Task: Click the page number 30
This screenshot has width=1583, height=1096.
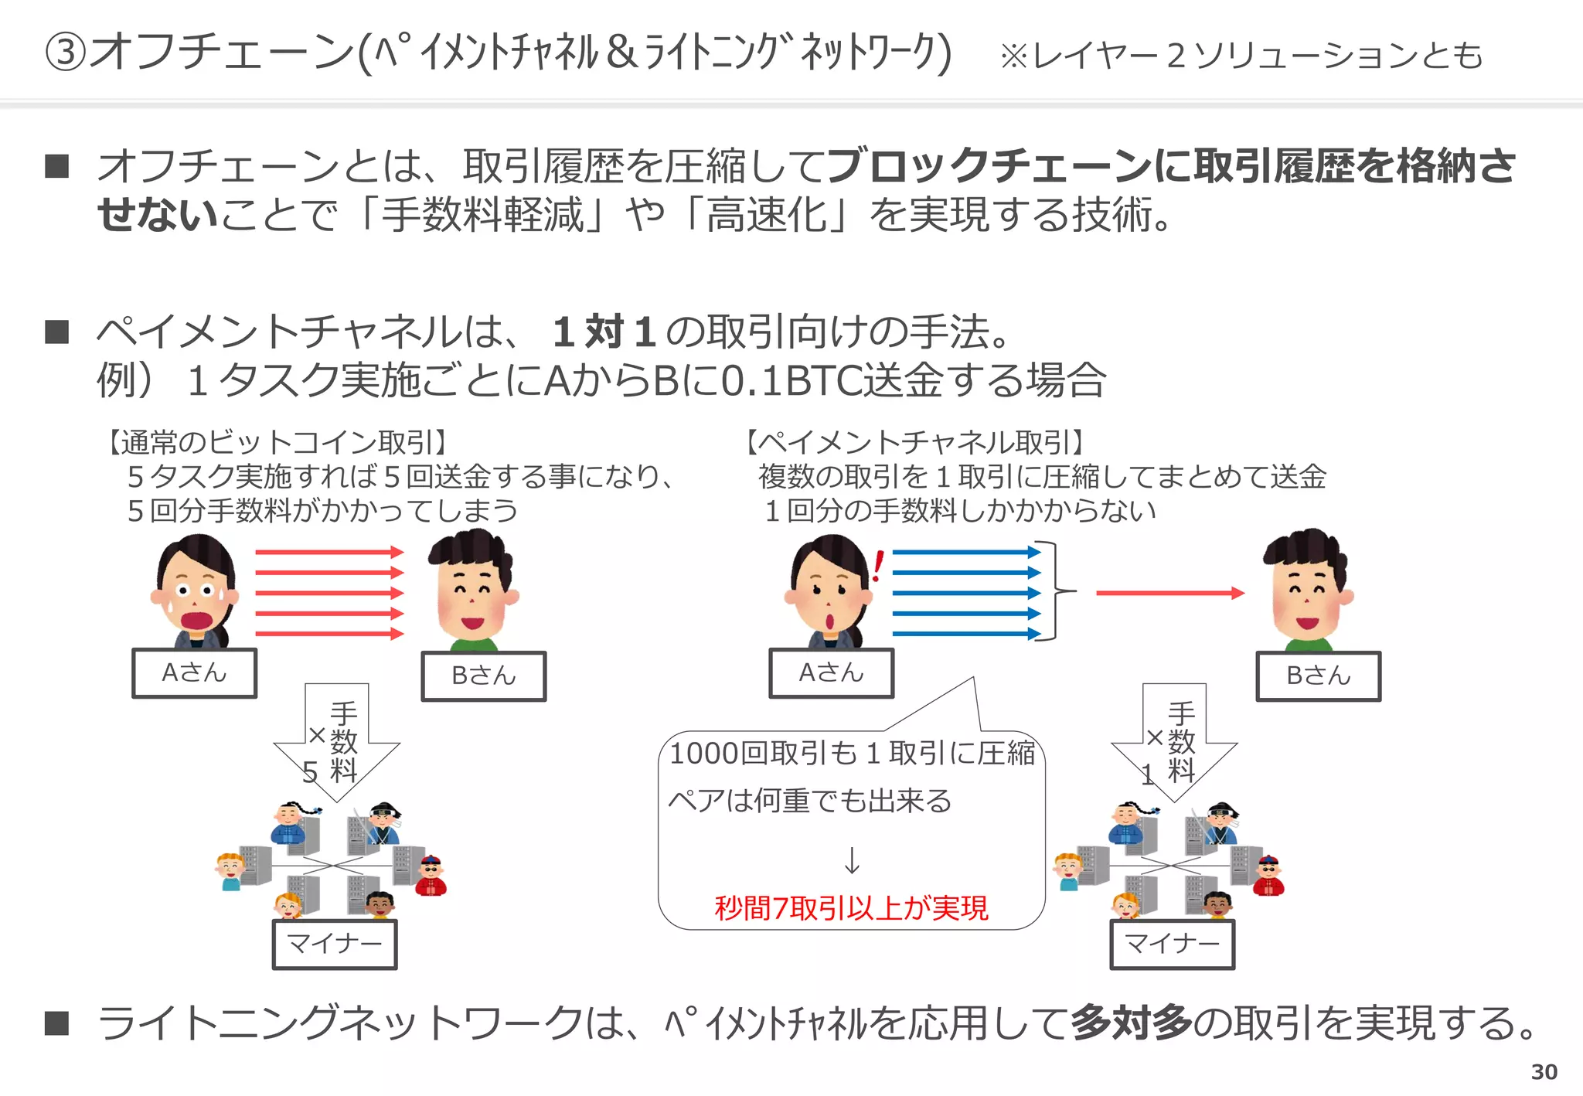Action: click(1544, 1072)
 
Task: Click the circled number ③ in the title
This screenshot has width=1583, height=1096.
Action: click(66, 53)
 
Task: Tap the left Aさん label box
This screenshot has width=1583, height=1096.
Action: click(194, 673)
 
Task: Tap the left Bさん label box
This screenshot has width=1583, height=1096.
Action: click(483, 676)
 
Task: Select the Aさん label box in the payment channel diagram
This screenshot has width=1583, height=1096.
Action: click(831, 673)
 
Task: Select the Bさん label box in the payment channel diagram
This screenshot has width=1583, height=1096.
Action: click(1318, 676)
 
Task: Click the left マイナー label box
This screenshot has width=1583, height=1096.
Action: click(335, 944)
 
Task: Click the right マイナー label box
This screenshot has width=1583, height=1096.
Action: click(1172, 944)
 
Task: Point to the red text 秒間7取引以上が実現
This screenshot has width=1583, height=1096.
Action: click(851, 907)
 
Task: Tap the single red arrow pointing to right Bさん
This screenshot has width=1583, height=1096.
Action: click(1169, 593)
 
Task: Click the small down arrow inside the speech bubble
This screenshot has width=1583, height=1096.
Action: click(852, 860)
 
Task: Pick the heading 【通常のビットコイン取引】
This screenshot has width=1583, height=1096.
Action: click(276, 442)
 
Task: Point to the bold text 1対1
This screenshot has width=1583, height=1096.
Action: click(604, 332)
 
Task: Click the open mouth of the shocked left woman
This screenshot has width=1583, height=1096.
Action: click(197, 620)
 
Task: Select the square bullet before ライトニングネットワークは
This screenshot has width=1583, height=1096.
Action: click(57, 1023)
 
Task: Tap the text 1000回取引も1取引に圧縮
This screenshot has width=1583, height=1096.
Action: click(851, 753)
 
